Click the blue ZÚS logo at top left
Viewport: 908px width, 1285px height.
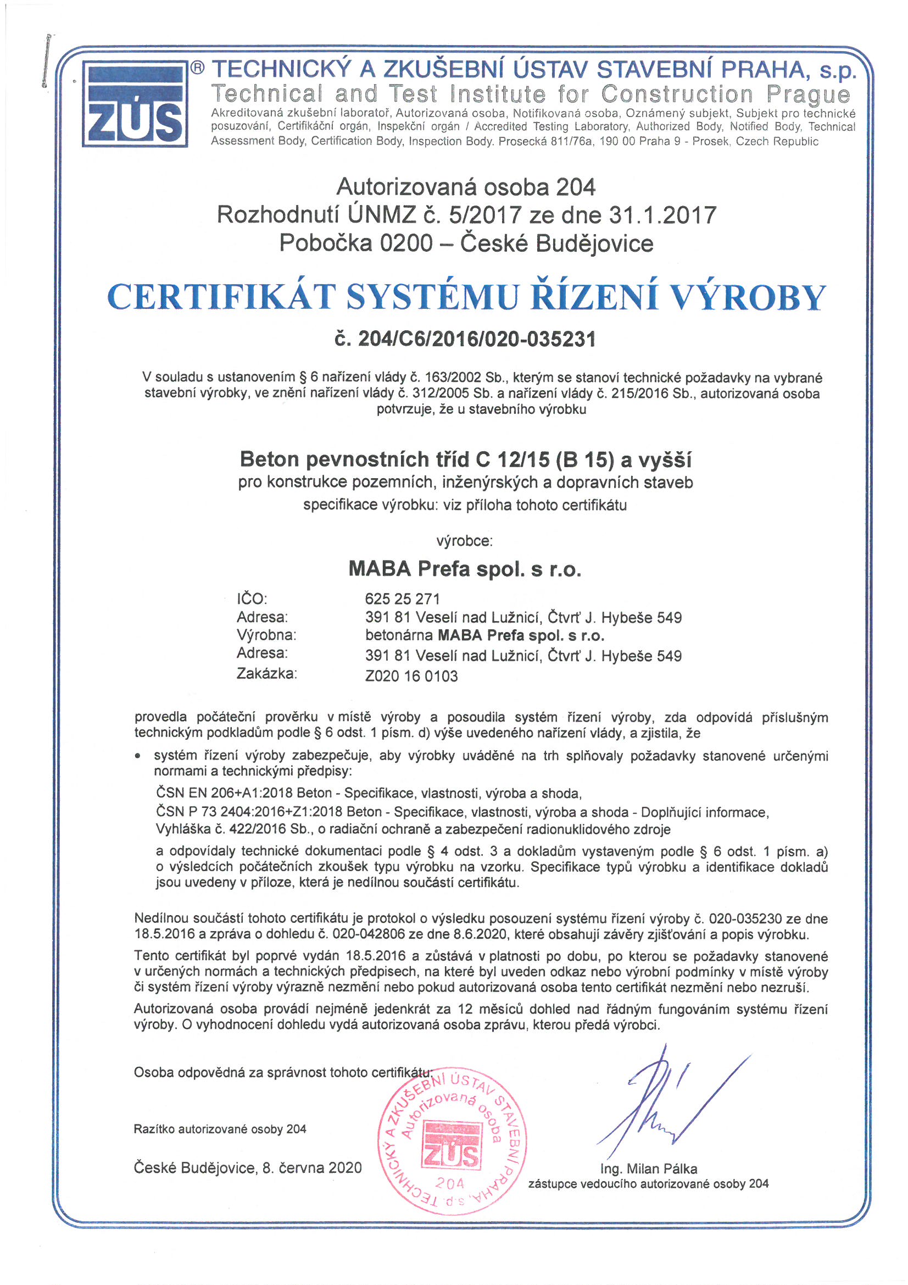[135, 105]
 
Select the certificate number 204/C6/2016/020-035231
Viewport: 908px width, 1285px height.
[465, 339]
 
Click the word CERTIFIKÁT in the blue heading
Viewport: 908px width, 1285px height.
[221, 297]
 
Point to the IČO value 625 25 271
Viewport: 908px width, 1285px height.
[402, 599]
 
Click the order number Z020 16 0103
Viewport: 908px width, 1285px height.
[411, 676]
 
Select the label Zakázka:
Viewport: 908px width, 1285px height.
[266, 674]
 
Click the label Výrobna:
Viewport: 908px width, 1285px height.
[266, 635]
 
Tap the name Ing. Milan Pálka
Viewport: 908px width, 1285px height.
[648, 1168]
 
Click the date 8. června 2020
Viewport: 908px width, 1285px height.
[312, 1167]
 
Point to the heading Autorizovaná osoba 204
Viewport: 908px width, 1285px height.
[465, 187]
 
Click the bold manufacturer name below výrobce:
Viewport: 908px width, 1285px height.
[465, 569]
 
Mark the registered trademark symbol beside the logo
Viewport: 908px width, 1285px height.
[198, 68]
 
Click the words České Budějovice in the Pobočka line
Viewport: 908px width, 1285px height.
[556, 243]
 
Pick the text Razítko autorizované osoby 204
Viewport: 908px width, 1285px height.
[220, 1129]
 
